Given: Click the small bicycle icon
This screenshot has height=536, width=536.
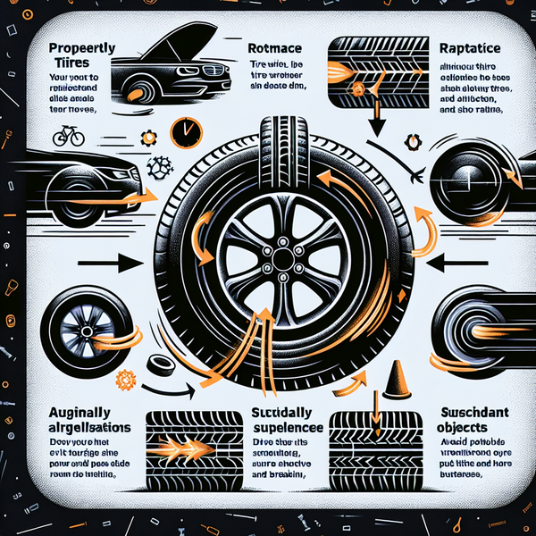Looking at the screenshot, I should tap(68, 138).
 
